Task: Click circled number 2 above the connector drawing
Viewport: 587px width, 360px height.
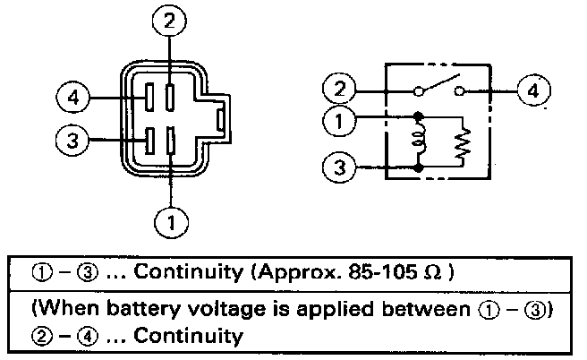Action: point(169,21)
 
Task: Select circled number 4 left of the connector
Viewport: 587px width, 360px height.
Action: point(73,98)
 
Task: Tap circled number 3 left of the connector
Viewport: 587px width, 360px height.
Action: point(72,140)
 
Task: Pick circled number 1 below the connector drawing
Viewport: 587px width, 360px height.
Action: point(171,222)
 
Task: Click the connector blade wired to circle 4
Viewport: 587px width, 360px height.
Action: point(149,97)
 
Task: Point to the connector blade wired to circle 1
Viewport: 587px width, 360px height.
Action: point(170,140)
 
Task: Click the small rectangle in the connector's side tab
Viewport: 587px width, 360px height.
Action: point(220,121)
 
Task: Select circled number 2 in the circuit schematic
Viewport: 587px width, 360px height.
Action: point(339,89)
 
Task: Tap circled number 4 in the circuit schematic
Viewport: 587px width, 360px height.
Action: point(534,90)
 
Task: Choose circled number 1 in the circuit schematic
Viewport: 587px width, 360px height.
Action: point(339,121)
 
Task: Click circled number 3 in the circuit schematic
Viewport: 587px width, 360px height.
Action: point(339,167)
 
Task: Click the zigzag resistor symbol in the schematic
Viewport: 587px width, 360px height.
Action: point(463,144)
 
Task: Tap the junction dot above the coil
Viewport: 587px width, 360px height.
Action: point(419,116)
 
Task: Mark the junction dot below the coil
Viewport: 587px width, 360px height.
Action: point(419,167)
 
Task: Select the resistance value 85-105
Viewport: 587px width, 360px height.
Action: point(382,272)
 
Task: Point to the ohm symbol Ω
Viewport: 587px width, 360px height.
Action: point(433,273)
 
